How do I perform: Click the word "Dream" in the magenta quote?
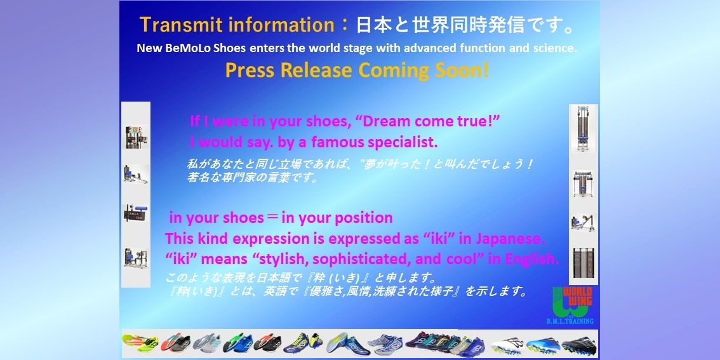[x=386, y=122]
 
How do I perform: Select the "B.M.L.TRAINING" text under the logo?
[x=570, y=321]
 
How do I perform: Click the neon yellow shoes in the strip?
[x=140, y=343]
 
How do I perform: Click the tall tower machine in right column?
[x=583, y=128]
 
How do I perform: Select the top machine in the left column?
[x=136, y=137]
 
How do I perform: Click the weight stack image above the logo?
[x=583, y=263]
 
